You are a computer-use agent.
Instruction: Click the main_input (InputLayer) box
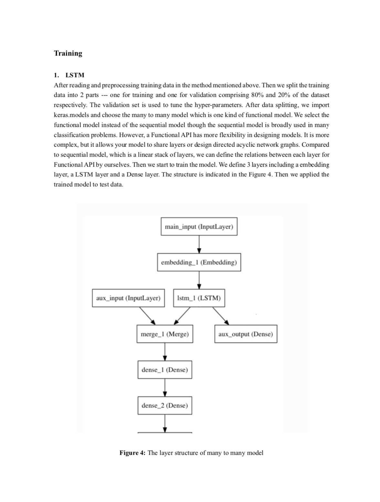pos(199,226)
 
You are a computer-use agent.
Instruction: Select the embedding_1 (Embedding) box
pos(199,262)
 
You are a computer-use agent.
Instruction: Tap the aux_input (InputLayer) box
pos(128,298)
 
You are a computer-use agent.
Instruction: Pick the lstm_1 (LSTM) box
pos(199,298)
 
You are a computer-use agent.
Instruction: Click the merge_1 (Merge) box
pos(164,334)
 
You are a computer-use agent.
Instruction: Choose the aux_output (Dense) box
pos(246,334)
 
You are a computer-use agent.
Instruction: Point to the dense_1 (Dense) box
pos(164,370)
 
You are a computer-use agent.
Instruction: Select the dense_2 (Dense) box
pos(164,406)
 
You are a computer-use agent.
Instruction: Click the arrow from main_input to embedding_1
pos(199,244)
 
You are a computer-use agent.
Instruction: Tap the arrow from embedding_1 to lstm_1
pos(199,280)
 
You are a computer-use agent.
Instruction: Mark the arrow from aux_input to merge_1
pos(147,316)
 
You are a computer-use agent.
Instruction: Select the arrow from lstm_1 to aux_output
pos(221,316)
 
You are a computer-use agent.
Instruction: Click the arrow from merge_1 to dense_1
pos(165,352)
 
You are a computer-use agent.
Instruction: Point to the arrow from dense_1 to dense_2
pos(165,388)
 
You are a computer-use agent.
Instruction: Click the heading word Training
pos(68,53)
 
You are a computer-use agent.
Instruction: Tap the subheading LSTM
pos(75,75)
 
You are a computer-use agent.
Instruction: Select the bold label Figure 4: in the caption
pos(132,453)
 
